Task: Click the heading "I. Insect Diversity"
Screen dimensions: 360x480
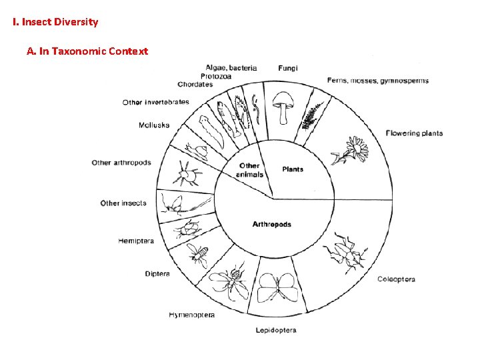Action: pyautogui.click(x=55, y=22)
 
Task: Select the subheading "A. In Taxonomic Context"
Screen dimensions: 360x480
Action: pyautogui.click(x=87, y=51)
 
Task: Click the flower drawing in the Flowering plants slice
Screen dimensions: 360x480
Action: pyautogui.click(x=351, y=149)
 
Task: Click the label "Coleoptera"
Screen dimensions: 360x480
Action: pyautogui.click(x=396, y=279)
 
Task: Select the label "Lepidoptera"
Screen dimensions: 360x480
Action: pyautogui.click(x=276, y=330)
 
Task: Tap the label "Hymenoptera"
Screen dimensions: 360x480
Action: pyautogui.click(x=192, y=315)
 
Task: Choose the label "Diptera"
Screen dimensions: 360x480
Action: pyautogui.click(x=157, y=273)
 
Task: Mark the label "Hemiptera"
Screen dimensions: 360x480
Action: pyautogui.click(x=135, y=241)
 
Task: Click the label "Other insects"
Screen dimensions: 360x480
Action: pyautogui.click(x=123, y=203)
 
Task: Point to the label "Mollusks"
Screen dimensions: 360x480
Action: pyautogui.click(x=154, y=125)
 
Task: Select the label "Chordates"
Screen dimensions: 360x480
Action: pyautogui.click(x=195, y=85)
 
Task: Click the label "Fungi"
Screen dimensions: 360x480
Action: pyautogui.click(x=288, y=68)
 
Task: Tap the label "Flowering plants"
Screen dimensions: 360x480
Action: pyautogui.click(x=414, y=133)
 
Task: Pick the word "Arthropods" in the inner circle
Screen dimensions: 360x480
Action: pyautogui.click(x=271, y=224)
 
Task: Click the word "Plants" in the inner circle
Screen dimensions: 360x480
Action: pyautogui.click(x=293, y=169)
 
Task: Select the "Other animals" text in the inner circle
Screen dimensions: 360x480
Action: pyautogui.click(x=249, y=170)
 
